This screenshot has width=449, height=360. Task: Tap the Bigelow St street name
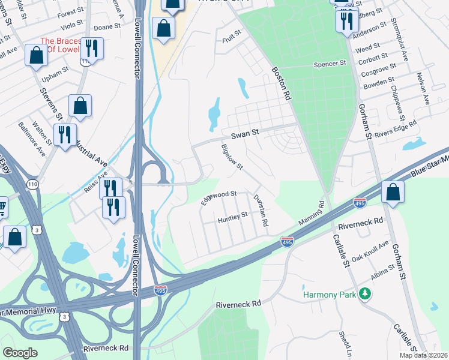[x=232, y=157]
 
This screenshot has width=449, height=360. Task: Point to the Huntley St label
[x=232, y=217]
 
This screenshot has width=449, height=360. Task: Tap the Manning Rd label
[x=312, y=214]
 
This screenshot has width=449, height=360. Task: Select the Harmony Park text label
[x=329, y=295]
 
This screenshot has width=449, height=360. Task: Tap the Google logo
[x=20, y=352]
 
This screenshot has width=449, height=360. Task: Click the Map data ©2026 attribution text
[x=423, y=355]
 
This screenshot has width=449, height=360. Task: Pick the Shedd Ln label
[x=345, y=343]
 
